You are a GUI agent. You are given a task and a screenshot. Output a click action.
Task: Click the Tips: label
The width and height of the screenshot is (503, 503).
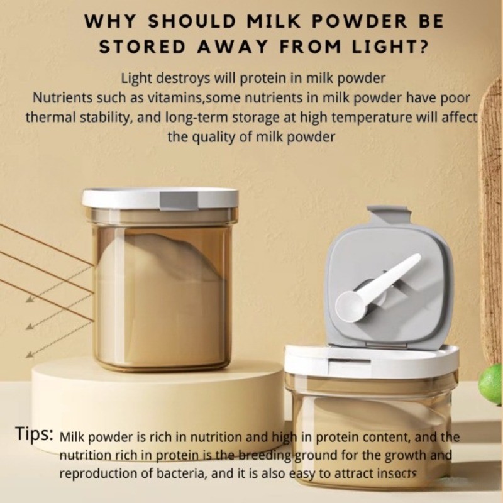(35, 434)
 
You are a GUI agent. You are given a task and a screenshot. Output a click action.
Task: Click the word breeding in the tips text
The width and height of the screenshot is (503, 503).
(265, 455)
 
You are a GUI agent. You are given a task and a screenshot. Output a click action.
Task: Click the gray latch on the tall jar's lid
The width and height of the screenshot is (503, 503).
(179, 201)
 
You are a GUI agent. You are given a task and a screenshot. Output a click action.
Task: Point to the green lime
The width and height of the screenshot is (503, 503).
(491, 384)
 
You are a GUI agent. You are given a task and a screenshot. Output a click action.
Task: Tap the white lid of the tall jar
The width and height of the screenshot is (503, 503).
(160, 199)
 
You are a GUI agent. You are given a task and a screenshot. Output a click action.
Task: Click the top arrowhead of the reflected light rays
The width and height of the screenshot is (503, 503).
(30, 300)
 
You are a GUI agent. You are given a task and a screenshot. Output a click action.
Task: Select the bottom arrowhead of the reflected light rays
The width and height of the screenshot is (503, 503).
(30, 355)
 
